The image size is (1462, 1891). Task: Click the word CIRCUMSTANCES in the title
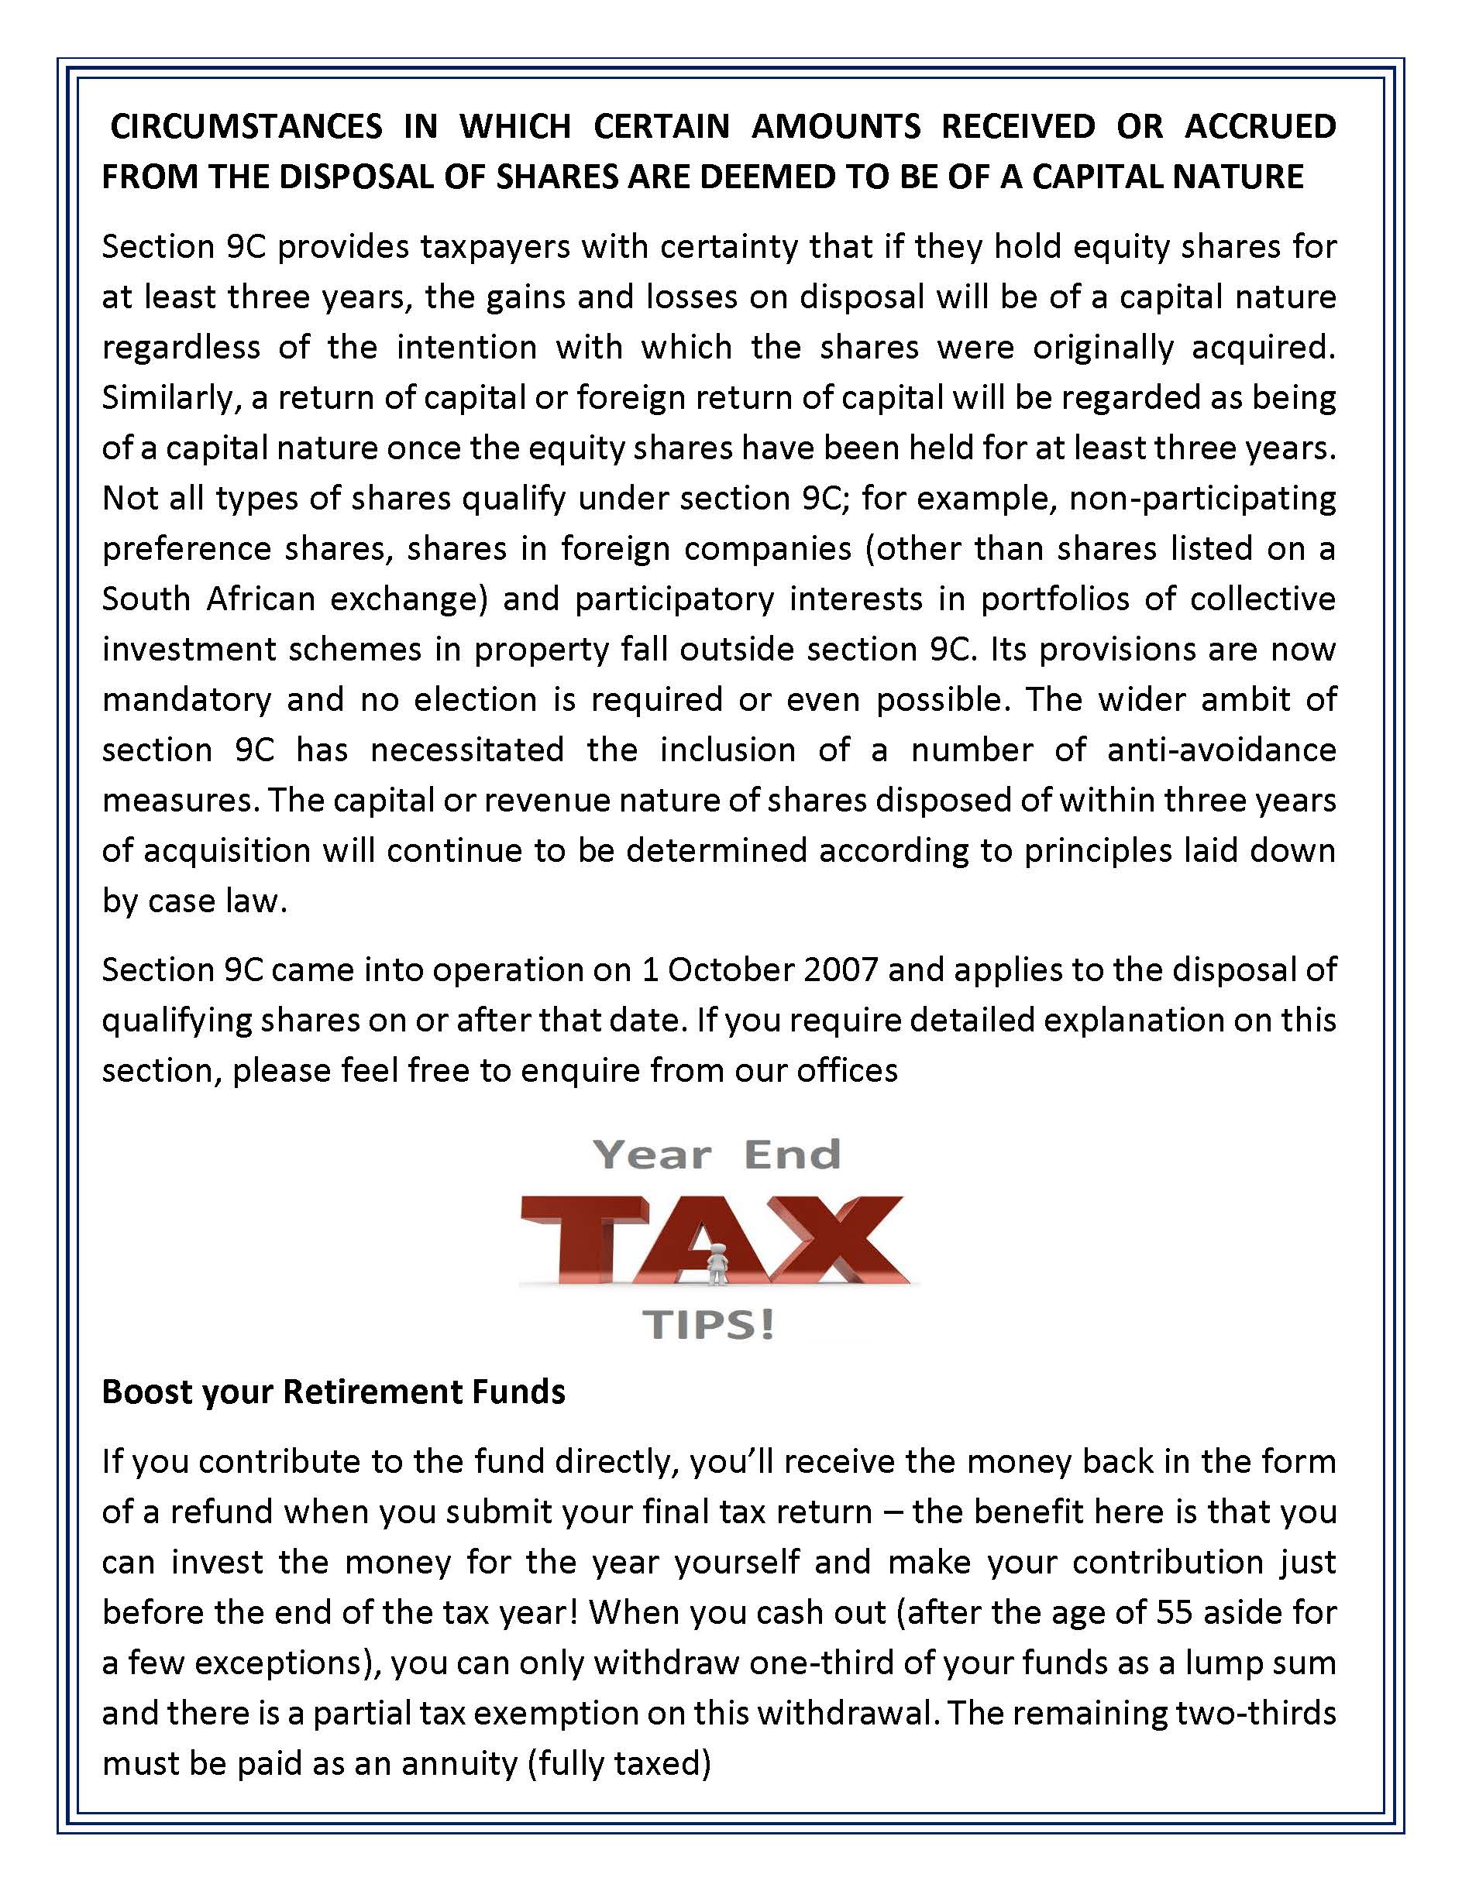[x=246, y=127]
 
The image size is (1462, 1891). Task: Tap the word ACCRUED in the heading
[x=1261, y=127]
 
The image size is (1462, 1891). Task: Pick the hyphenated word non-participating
[x=1203, y=499]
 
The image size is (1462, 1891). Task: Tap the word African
[x=260, y=599]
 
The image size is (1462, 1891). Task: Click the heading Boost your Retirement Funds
[x=333, y=1392]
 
